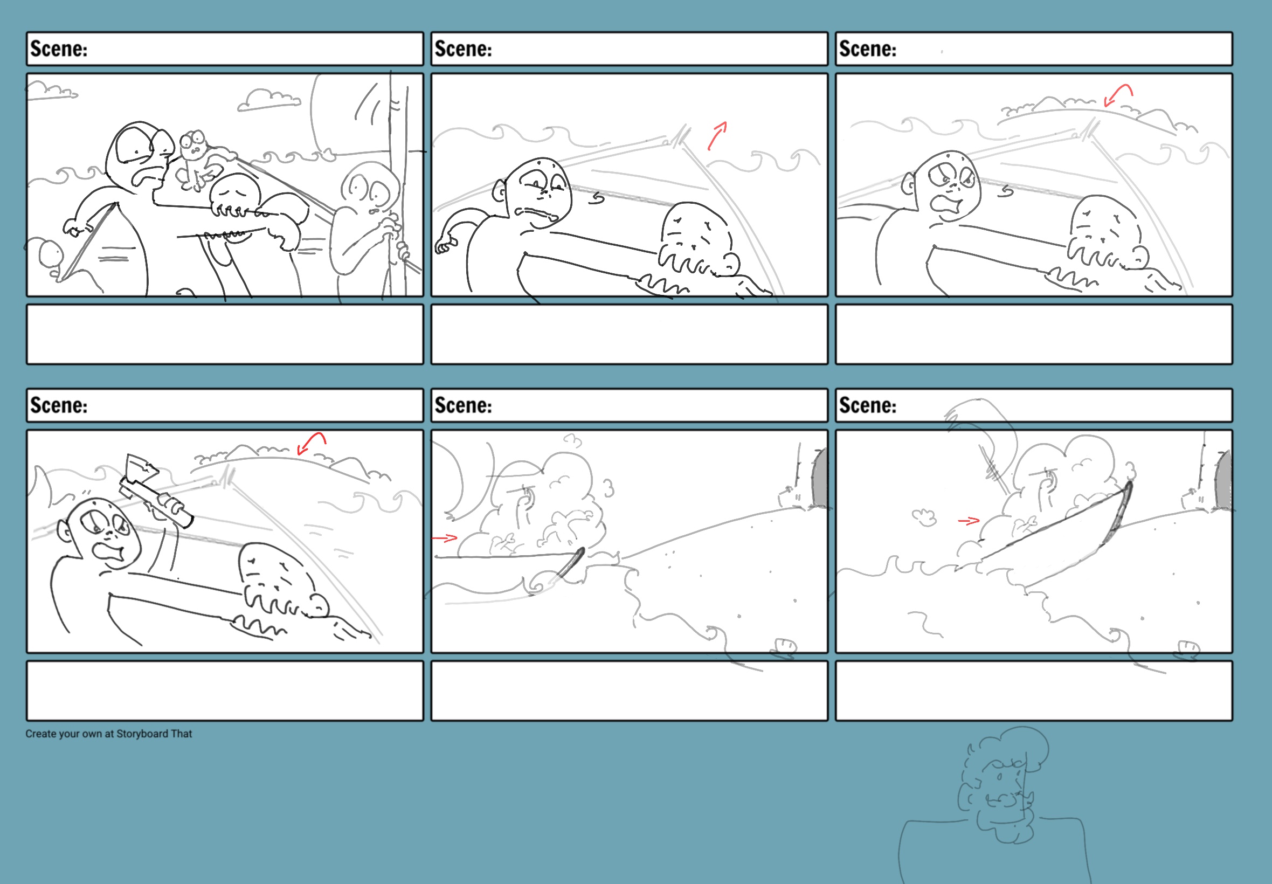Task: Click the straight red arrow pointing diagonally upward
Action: (x=717, y=136)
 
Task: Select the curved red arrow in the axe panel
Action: (x=311, y=443)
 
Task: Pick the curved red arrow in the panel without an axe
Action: (x=1118, y=95)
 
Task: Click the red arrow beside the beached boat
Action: (x=969, y=521)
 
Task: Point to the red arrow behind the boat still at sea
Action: (x=445, y=537)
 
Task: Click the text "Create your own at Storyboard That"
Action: (x=108, y=734)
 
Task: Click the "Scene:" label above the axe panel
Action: (x=59, y=405)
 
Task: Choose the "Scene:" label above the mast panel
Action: (x=59, y=49)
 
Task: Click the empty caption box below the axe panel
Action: (x=225, y=690)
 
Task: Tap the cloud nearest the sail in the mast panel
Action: (x=269, y=100)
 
